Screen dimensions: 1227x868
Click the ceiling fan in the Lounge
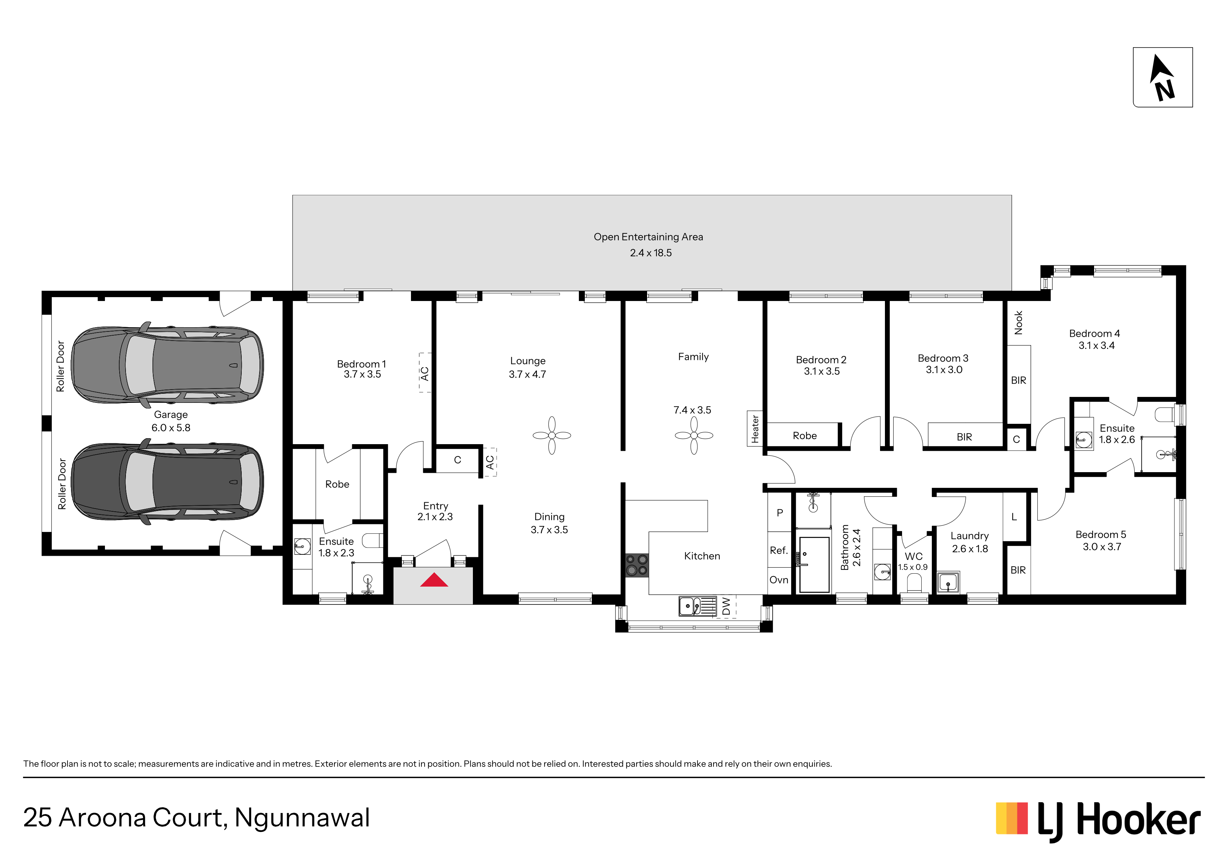[x=552, y=435]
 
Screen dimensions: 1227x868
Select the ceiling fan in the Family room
[x=694, y=435]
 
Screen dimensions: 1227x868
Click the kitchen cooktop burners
[x=637, y=565]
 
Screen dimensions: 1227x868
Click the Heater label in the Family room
[x=754, y=429]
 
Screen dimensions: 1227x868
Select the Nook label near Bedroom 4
[x=1019, y=322]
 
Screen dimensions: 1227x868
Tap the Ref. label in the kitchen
[x=779, y=550]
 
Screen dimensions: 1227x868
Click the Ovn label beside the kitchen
[x=779, y=580]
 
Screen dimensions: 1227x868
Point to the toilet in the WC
[x=914, y=583]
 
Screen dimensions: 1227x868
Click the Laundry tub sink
[x=948, y=582]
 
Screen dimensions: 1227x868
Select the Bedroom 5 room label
[x=1101, y=535]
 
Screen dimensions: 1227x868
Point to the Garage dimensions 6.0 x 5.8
[x=171, y=428]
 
